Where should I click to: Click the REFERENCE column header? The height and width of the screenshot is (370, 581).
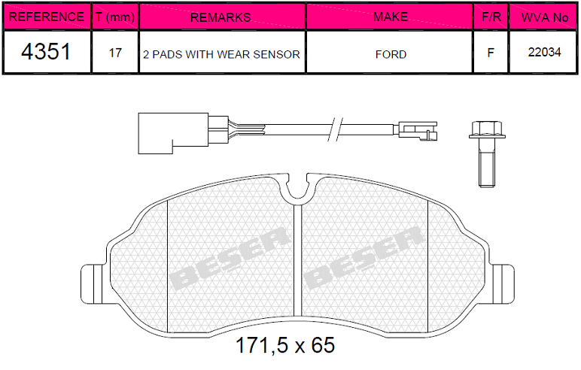47,17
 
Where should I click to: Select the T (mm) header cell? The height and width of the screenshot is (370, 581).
115,17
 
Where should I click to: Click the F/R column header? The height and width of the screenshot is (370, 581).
491,17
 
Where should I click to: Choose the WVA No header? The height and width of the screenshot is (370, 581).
543,17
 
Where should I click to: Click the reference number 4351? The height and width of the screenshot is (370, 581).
46,51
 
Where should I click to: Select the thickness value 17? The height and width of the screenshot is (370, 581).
115,53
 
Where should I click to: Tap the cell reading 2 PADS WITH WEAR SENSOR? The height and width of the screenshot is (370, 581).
221,54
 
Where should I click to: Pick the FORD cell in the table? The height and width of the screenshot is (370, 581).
391,54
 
